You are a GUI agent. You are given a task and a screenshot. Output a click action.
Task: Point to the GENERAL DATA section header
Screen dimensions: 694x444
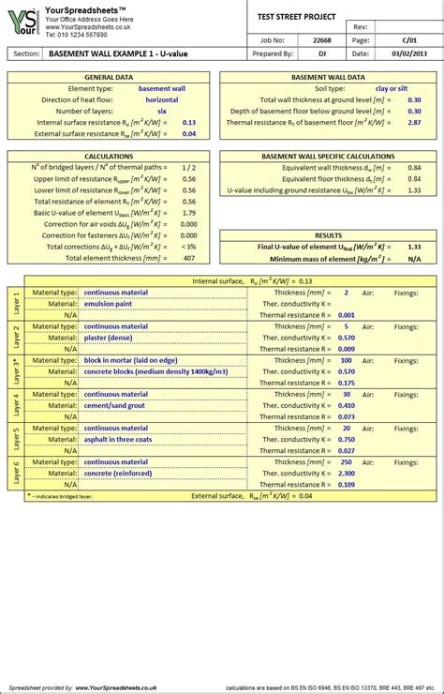click(x=110, y=77)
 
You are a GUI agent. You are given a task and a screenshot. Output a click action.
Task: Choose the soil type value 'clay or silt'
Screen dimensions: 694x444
click(x=391, y=88)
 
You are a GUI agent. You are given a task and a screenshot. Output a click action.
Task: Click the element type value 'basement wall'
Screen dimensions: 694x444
click(x=161, y=88)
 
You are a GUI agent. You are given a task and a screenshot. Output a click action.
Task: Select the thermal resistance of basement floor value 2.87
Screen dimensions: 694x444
click(x=413, y=122)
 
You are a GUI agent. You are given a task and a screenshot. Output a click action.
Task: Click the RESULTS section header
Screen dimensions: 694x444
click(x=328, y=236)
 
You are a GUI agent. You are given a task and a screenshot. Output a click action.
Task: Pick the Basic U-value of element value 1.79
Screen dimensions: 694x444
click(x=189, y=213)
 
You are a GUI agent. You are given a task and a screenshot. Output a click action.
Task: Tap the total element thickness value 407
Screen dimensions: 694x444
click(x=189, y=258)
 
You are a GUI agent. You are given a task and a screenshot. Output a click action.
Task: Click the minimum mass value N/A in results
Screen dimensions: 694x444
click(x=413, y=258)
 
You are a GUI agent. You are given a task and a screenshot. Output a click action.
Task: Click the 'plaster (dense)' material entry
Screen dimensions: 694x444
click(x=111, y=338)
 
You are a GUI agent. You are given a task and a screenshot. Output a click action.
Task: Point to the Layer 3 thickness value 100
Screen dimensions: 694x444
click(x=346, y=360)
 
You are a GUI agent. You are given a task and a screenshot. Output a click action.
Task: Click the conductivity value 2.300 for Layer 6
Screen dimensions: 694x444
click(x=346, y=473)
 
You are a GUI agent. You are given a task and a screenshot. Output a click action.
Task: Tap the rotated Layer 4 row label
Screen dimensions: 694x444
click(x=15, y=405)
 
